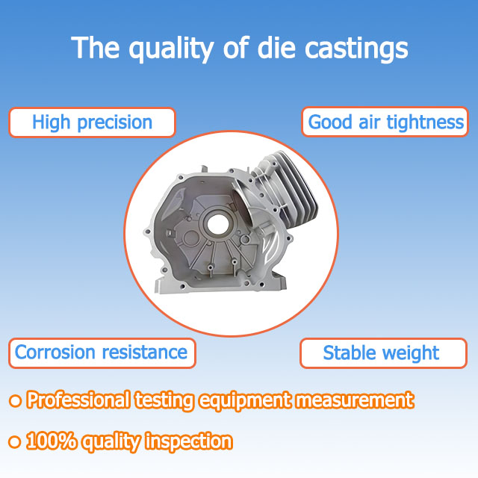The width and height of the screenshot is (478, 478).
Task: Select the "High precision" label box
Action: (92, 122)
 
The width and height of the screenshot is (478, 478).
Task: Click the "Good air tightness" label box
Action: (386, 122)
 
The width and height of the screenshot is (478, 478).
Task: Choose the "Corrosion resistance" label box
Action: (102, 353)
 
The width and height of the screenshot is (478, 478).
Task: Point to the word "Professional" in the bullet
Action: (78, 400)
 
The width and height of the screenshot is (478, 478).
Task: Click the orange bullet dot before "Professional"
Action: (14, 401)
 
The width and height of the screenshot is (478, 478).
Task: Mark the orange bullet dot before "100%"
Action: (14, 441)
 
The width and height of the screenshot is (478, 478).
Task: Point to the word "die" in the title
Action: (270, 49)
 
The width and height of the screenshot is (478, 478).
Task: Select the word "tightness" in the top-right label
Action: (429, 122)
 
